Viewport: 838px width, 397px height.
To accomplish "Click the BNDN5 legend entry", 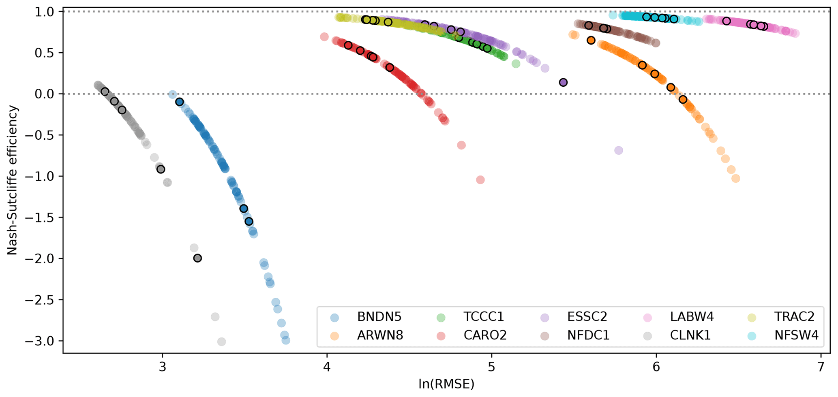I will click(x=379, y=317).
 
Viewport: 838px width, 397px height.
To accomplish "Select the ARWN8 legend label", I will click(x=380, y=335).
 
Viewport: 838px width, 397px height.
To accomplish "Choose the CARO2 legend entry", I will click(x=485, y=335).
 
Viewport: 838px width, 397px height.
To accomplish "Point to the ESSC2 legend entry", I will click(x=587, y=317).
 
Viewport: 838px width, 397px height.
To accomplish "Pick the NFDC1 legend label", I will click(x=588, y=335).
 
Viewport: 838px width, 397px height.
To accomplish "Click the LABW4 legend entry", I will click(x=692, y=317).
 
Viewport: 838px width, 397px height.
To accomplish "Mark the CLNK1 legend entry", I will click(x=690, y=335).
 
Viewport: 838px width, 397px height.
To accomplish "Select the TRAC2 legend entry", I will click(x=794, y=317).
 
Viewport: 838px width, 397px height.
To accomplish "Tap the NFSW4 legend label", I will click(x=796, y=335).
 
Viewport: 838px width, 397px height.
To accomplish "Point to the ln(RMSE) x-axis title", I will click(x=446, y=384).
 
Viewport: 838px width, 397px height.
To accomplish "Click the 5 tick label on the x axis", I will click(x=492, y=367).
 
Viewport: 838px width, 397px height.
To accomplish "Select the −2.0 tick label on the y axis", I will click(x=40, y=259).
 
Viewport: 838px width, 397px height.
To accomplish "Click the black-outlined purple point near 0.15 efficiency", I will click(x=563, y=83).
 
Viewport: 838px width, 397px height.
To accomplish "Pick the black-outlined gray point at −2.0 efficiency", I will click(x=197, y=258).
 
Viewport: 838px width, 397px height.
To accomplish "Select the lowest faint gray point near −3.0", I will click(x=221, y=342).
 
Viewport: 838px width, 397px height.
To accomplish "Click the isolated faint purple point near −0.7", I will click(x=618, y=151).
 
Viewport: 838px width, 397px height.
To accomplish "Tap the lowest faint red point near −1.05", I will click(x=480, y=180).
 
